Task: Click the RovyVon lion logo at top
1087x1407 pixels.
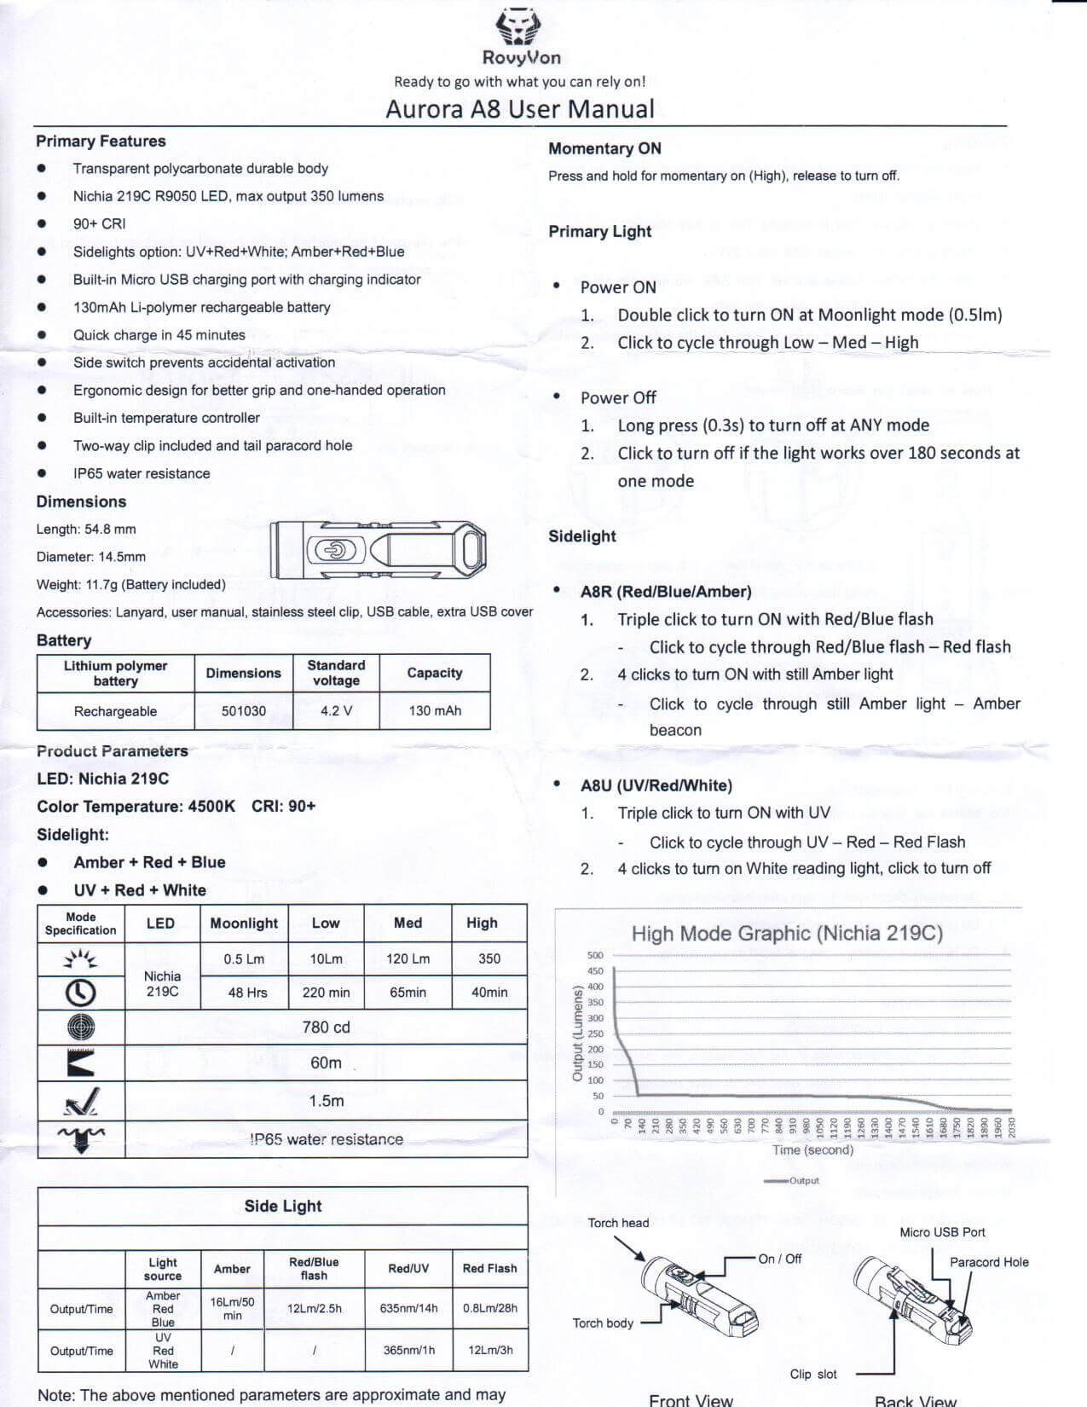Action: tap(519, 26)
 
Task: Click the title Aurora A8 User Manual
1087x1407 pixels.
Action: tap(520, 109)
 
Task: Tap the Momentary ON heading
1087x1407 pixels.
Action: tap(604, 148)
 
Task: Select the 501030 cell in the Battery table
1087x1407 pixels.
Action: tap(244, 711)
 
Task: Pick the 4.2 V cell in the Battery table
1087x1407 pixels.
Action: tap(336, 711)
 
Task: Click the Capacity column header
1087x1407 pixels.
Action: tap(435, 673)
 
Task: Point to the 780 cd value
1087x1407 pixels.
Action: tap(326, 1028)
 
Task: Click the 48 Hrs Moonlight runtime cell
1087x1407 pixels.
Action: tap(247, 993)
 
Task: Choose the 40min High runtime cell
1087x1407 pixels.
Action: tap(489, 993)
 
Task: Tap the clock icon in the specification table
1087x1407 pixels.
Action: tap(81, 993)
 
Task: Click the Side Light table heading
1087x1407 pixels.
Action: tap(283, 1206)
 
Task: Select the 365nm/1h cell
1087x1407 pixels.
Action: tap(408, 1350)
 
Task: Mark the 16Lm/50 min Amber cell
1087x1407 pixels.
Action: tap(232, 1308)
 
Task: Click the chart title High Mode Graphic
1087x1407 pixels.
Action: tap(786, 934)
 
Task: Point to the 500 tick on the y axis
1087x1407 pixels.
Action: tap(595, 956)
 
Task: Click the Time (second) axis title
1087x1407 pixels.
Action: tap(812, 1149)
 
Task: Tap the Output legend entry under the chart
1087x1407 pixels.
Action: tap(793, 1181)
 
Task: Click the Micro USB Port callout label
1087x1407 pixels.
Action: tap(942, 1232)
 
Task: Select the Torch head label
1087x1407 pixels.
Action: tap(618, 1223)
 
